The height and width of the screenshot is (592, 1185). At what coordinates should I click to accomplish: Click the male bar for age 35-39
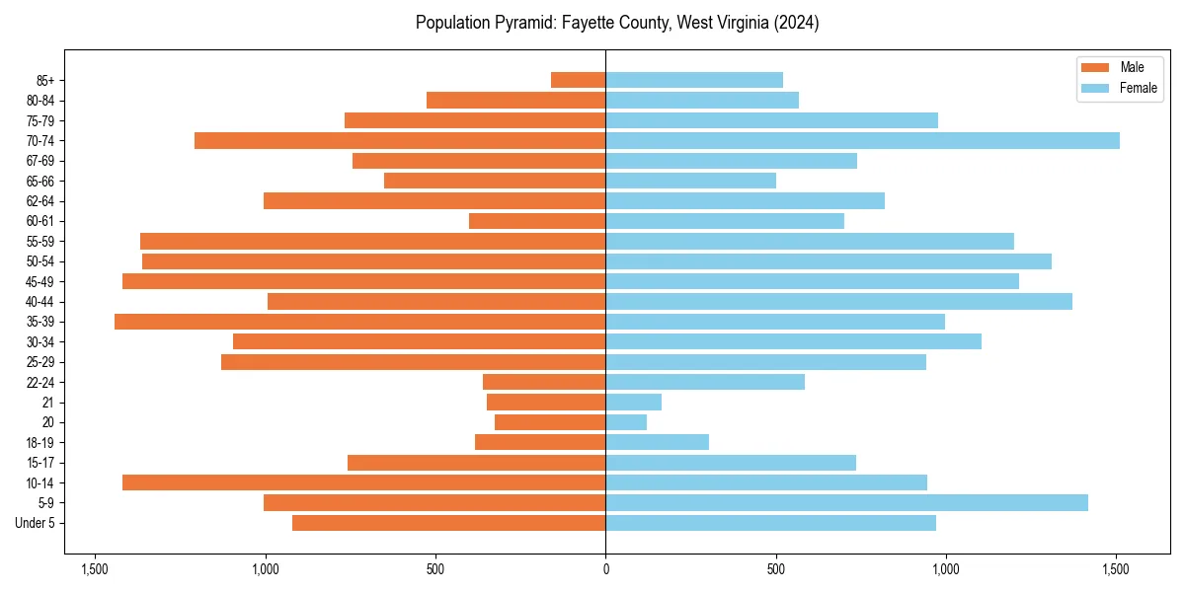(359, 322)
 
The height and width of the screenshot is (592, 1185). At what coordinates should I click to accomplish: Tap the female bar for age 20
(626, 422)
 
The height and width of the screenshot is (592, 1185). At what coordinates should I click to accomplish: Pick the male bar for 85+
(578, 80)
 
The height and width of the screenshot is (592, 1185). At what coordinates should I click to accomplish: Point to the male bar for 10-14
(363, 482)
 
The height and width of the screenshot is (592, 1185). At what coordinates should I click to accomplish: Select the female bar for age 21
(633, 403)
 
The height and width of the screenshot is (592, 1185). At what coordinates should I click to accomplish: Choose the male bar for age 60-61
(537, 221)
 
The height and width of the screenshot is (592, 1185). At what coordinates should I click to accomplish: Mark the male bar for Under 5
(448, 523)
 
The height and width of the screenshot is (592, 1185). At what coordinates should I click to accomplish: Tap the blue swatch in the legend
(1095, 88)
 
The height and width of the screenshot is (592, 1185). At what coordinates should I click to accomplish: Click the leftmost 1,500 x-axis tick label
(95, 569)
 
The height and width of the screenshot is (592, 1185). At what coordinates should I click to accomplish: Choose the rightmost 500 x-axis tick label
(776, 569)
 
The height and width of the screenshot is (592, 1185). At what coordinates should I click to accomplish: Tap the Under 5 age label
(36, 523)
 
